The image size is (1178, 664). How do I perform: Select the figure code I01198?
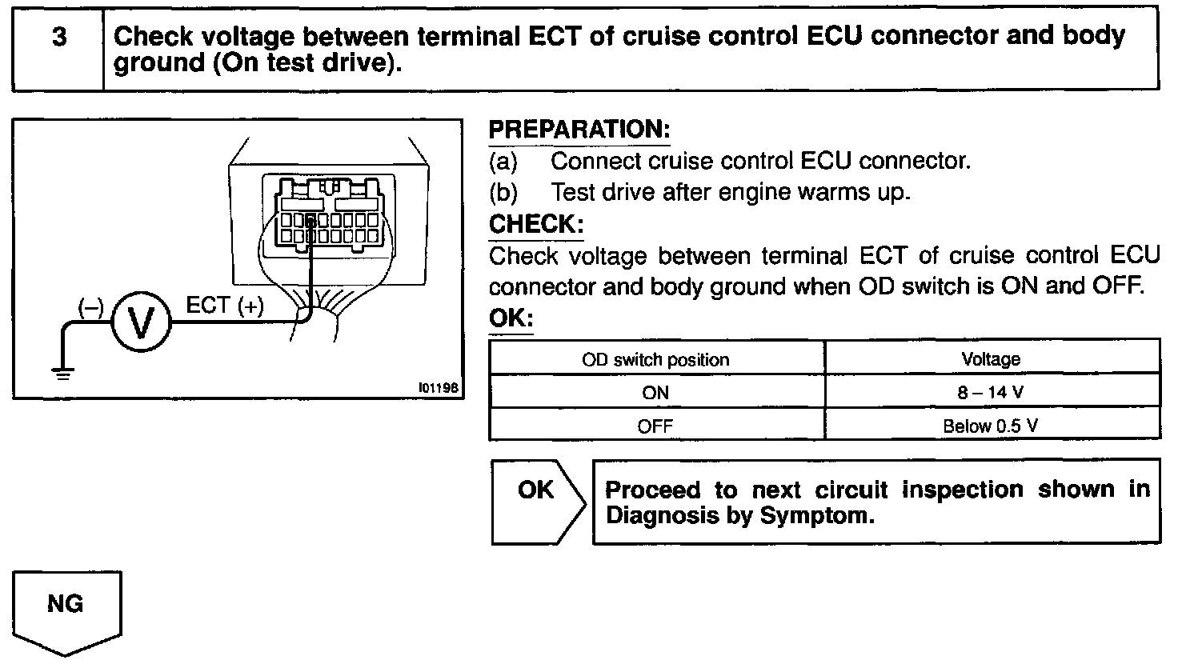click(x=438, y=387)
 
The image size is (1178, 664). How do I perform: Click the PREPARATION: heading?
click(x=579, y=129)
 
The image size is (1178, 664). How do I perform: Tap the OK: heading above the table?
click(x=511, y=318)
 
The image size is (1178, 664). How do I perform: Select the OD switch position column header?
click(x=655, y=359)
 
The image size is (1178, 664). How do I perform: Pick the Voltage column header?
click(x=991, y=359)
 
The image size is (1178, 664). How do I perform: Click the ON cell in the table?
click(x=655, y=393)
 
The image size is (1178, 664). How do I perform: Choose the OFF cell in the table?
click(x=655, y=426)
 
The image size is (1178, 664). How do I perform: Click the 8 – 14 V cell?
click(x=991, y=393)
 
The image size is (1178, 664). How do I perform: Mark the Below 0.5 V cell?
click(x=991, y=426)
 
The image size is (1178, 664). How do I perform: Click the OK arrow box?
click(x=536, y=501)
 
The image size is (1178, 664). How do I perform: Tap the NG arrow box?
click(x=66, y=606)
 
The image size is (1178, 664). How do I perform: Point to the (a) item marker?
click(x=503, y=162)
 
